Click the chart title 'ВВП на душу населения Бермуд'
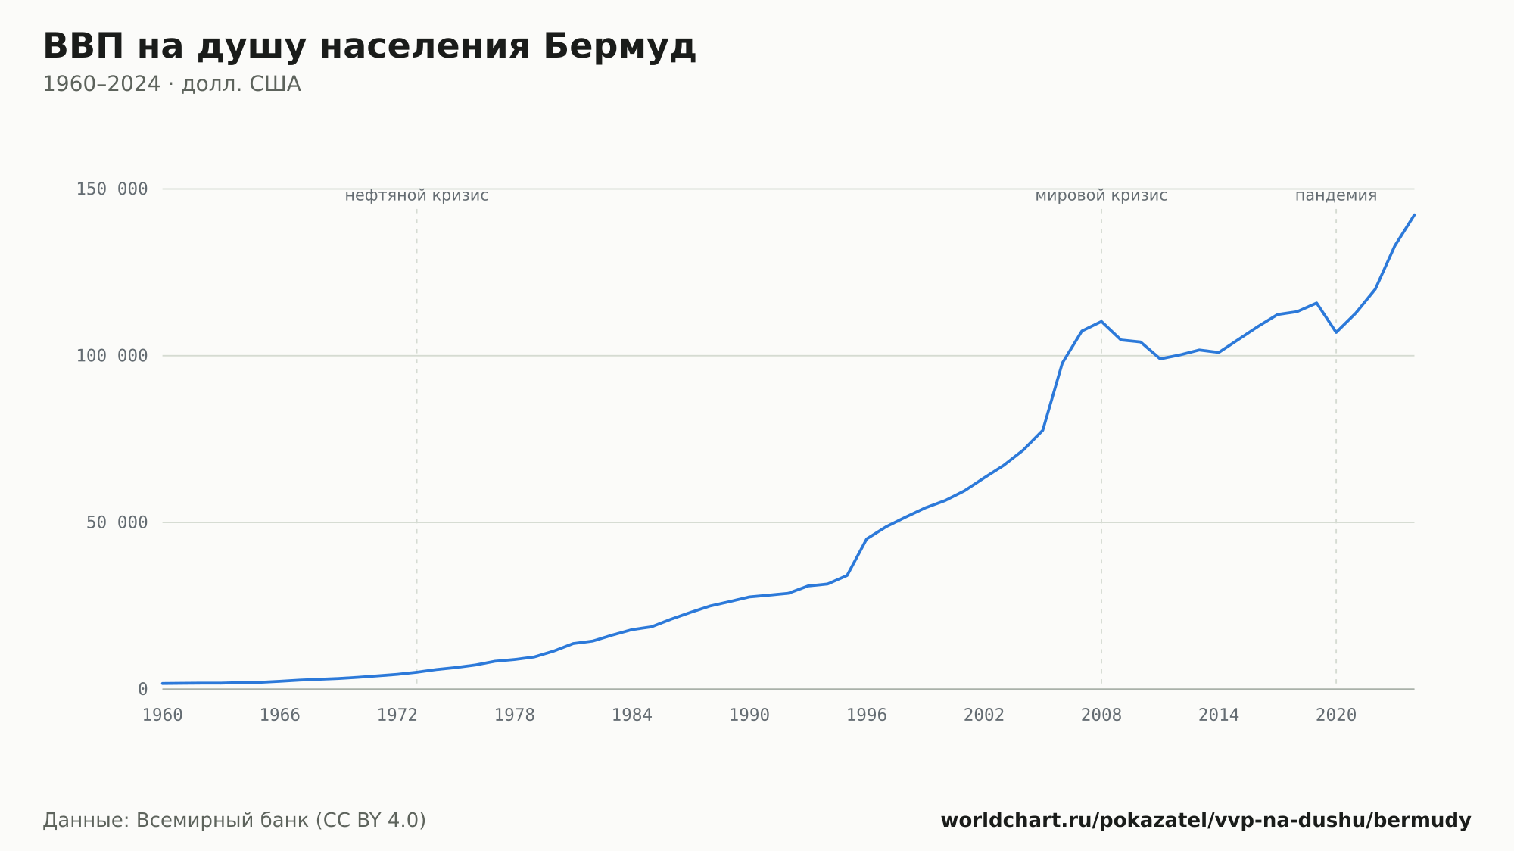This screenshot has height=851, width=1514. tap(369, 47)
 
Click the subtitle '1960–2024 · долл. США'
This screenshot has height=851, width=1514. tap(172, 84)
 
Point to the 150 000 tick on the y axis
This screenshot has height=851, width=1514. tap(112, 189)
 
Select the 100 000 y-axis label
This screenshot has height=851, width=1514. tap(112, 356)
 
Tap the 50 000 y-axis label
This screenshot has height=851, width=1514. tap(117, 522)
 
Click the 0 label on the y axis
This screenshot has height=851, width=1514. tap(143, 690)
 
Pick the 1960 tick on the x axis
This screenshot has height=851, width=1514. tap(163, 715)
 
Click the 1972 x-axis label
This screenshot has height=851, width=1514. tap(397, 715)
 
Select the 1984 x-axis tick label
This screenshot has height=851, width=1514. tap(632, 715)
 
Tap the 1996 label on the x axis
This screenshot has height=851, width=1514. tap(867, 715)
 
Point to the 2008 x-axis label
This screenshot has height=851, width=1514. tap(1101, 715)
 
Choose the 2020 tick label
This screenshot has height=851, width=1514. tap(1336, 715)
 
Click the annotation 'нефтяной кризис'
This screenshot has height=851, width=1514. tap(417, 195)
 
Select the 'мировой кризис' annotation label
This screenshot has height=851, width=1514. tap(1101, 195)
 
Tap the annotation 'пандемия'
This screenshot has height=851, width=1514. tap(1336, 195)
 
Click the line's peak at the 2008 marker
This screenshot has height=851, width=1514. tap(1101, 321)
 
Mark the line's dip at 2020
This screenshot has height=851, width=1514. tap(1336, 332)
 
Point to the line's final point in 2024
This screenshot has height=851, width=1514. tap(1414, 215)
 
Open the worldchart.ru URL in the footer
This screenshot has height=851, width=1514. tap(1206, 821)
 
